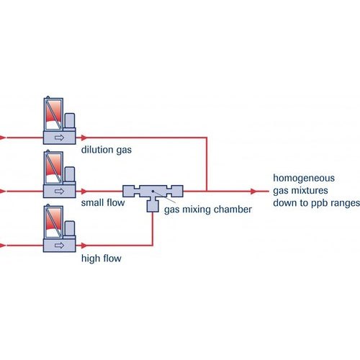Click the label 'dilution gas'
tap(107, 150)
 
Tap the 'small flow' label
tap(103, 203)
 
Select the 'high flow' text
tap(102, 258)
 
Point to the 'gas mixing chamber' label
tap(208, 210)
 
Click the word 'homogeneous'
tap(304, 179)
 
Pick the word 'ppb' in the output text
tap(320, 204)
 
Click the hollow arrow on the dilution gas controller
tap(59, 138)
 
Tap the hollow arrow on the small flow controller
tap(59, 192)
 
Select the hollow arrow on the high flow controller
tap(59, 246)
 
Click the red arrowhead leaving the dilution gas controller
tap(84, 138)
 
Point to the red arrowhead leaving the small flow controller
tap(84, 192)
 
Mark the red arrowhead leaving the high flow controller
tap(84, 246)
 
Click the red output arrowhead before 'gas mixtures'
tap(253, 192)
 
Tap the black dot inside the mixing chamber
tap(153, 192)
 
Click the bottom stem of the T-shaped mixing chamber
tap(153, 204)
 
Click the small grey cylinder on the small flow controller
tap(70, 174)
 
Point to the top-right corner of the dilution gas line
tap(207, 138)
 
